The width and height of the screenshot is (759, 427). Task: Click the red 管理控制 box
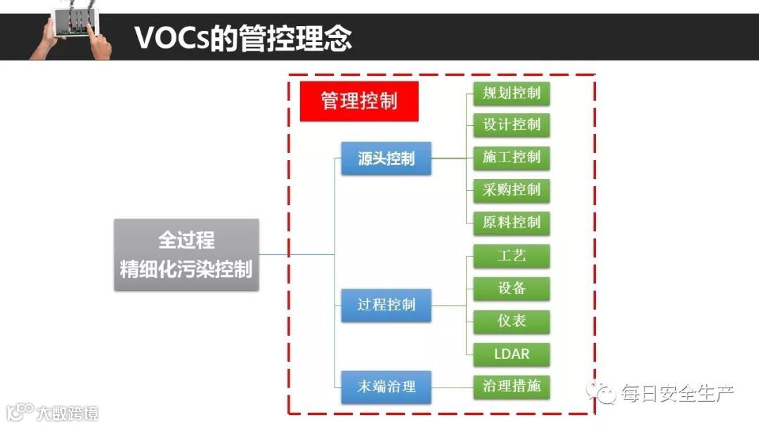[359, 101]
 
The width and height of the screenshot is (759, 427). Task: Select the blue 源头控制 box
[386, 159]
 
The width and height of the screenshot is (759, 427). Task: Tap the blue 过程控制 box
[386, 305]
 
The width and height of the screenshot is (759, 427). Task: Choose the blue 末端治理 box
[386, 386]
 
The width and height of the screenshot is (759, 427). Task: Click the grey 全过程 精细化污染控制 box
[186, 255]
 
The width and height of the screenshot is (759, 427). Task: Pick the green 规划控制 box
[511, 93]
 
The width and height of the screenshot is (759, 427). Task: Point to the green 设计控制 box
[511, 125]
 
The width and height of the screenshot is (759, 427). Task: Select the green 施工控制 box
[511, 157]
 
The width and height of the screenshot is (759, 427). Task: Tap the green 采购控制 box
[511, 190]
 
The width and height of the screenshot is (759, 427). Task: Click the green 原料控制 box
[511, 223]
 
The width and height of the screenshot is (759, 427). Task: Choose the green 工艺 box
[511, 256]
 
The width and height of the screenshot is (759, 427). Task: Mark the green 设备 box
[511, 289]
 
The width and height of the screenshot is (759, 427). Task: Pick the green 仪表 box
[511, 321]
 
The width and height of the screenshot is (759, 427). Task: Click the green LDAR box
[511, 353]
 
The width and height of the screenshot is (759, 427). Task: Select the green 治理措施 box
[511, 386]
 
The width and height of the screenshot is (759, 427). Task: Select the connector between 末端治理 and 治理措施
[452, 386]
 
